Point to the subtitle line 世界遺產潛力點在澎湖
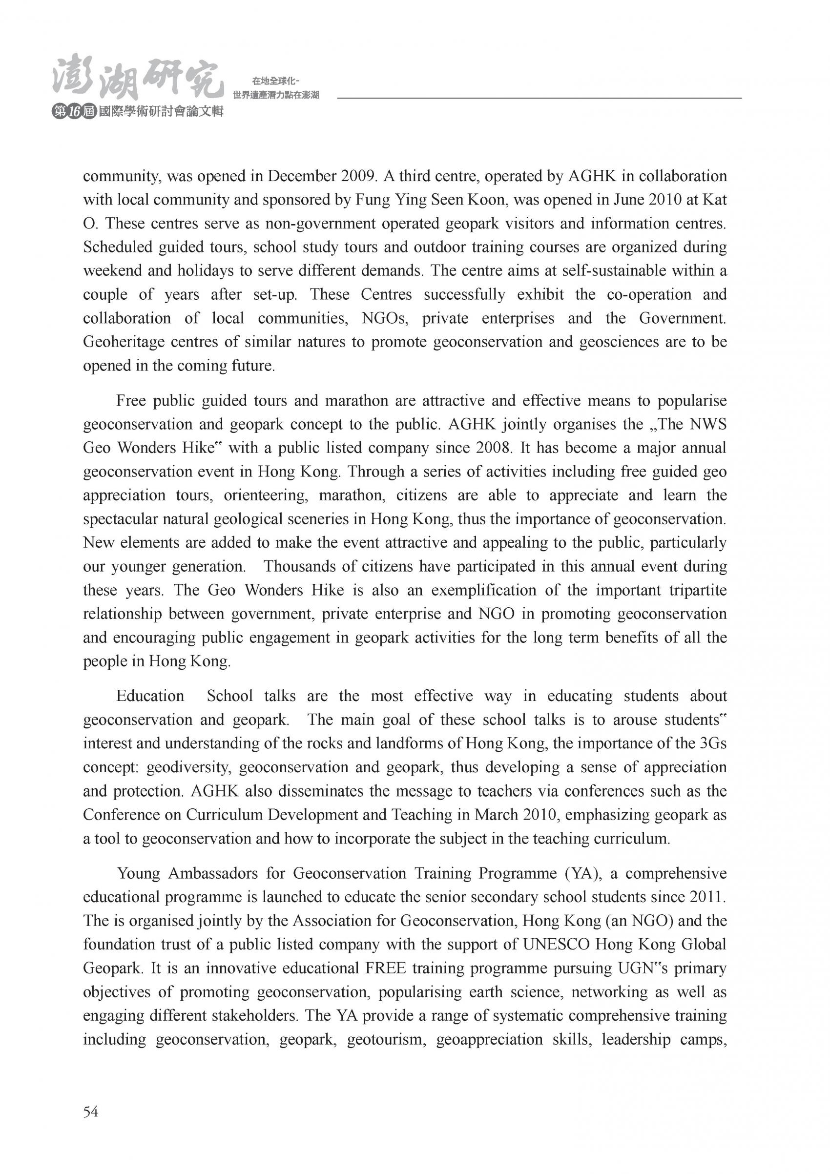point(276,95)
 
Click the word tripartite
point(698,590)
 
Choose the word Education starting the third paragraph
point(150,696)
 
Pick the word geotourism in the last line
point(387,1040)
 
